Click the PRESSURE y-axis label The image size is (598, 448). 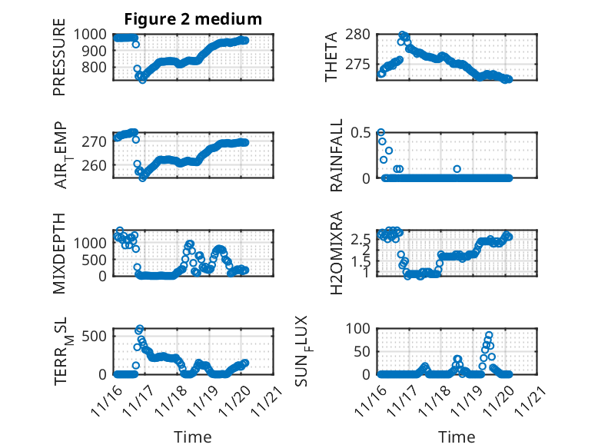coord(59,62)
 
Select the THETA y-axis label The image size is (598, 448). coord(331,57)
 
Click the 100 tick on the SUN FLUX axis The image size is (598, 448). coord(360,328)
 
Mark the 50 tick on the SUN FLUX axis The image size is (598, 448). coord(364,351)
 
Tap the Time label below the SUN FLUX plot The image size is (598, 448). coord(457,436)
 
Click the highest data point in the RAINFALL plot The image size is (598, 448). coord(380,132)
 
